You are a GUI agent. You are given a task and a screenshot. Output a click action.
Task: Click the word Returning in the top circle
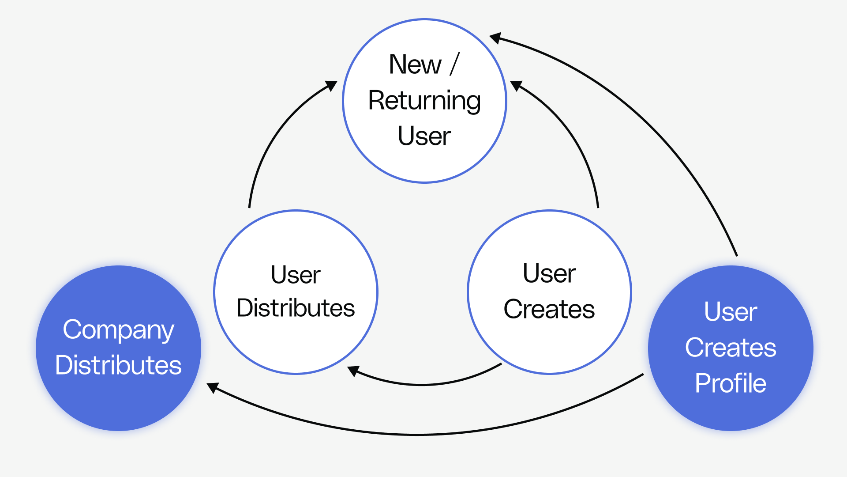point(424,101)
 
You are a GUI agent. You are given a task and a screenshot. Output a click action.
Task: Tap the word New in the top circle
point(415,64)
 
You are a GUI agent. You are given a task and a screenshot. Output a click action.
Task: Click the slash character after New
point(455,64)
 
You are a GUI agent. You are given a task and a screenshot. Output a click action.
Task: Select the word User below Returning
point(424,136)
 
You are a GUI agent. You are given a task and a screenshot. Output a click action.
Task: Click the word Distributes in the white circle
point(296,308)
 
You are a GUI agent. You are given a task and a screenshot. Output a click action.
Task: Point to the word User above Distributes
point(296,275)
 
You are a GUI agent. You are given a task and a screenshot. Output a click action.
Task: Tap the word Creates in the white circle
point(549,309)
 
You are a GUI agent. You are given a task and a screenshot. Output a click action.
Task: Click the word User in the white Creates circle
point(549,273)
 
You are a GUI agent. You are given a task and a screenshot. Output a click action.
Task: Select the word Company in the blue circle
point(118,330)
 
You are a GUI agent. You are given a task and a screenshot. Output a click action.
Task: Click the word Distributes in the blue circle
point(118,365)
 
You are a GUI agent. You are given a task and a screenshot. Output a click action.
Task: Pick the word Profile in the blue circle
point(731,383)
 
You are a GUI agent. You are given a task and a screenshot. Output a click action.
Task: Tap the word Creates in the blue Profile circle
point(731,348)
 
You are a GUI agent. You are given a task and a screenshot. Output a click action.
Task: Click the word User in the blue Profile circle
point(731,312)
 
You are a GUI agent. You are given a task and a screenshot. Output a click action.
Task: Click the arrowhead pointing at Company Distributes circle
point(213,387)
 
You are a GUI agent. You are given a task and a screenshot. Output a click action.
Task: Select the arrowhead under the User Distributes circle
point(353,371)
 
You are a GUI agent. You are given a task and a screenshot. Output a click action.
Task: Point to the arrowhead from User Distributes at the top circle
point(331,85)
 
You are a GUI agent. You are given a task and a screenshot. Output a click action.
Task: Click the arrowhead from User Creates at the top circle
point(516,85)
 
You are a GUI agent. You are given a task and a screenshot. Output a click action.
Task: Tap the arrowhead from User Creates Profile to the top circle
point(495,38)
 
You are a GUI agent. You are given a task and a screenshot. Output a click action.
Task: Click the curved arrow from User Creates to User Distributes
point(423,384)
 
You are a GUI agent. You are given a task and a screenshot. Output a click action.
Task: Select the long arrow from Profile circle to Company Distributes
point(419,435)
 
